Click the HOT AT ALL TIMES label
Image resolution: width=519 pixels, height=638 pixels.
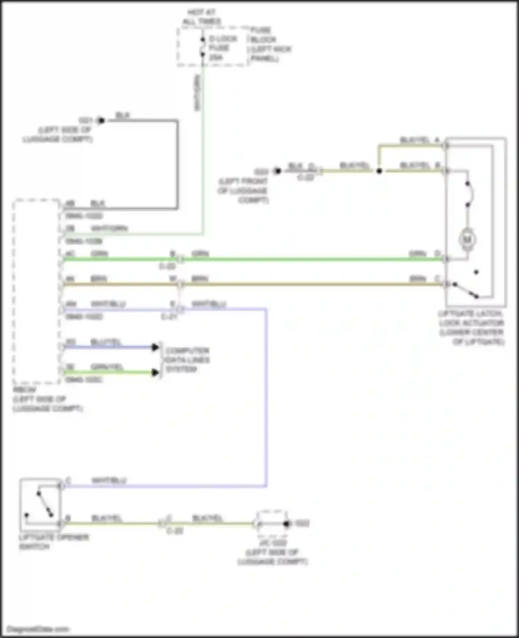tap(201, 17)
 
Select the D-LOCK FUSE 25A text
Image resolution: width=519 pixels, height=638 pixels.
tap(223, 48)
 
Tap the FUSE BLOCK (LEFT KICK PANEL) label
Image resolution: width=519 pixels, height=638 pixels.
tap(270, 44)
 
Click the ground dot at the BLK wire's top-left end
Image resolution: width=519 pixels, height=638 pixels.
tap(101, 121)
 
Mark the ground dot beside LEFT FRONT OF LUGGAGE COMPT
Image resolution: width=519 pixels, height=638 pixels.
tap(277, 171)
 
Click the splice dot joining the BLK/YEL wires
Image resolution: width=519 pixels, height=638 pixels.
tap(379, 171)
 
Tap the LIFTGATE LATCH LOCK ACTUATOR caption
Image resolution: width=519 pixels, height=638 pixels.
tap(472, 328)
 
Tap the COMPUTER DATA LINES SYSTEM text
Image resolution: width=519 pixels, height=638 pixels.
tap(187, 360)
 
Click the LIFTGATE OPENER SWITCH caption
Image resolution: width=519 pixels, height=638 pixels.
tap(54, 542)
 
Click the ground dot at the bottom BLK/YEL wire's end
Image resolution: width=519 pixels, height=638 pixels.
tap(286, 524)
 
